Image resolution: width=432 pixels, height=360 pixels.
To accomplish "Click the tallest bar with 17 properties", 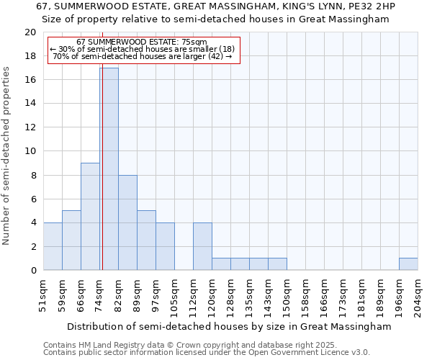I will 109,169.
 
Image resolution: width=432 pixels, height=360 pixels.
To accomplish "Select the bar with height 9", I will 90,216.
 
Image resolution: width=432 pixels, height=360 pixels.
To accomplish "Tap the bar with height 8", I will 127,222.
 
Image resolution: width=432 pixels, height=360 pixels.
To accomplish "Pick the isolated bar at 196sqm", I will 408,264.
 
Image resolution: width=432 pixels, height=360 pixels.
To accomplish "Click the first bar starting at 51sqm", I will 53,246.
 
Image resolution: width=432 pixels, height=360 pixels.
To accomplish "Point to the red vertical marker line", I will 102,180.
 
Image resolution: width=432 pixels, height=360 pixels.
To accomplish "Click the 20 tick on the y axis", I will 30,32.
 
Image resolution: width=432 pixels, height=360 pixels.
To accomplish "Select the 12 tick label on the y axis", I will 30,127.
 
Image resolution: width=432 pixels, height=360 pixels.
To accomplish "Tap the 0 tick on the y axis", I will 32,270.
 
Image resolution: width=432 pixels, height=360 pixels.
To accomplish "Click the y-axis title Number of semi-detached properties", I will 7,156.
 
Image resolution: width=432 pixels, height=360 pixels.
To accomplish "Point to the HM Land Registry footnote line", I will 190,346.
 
